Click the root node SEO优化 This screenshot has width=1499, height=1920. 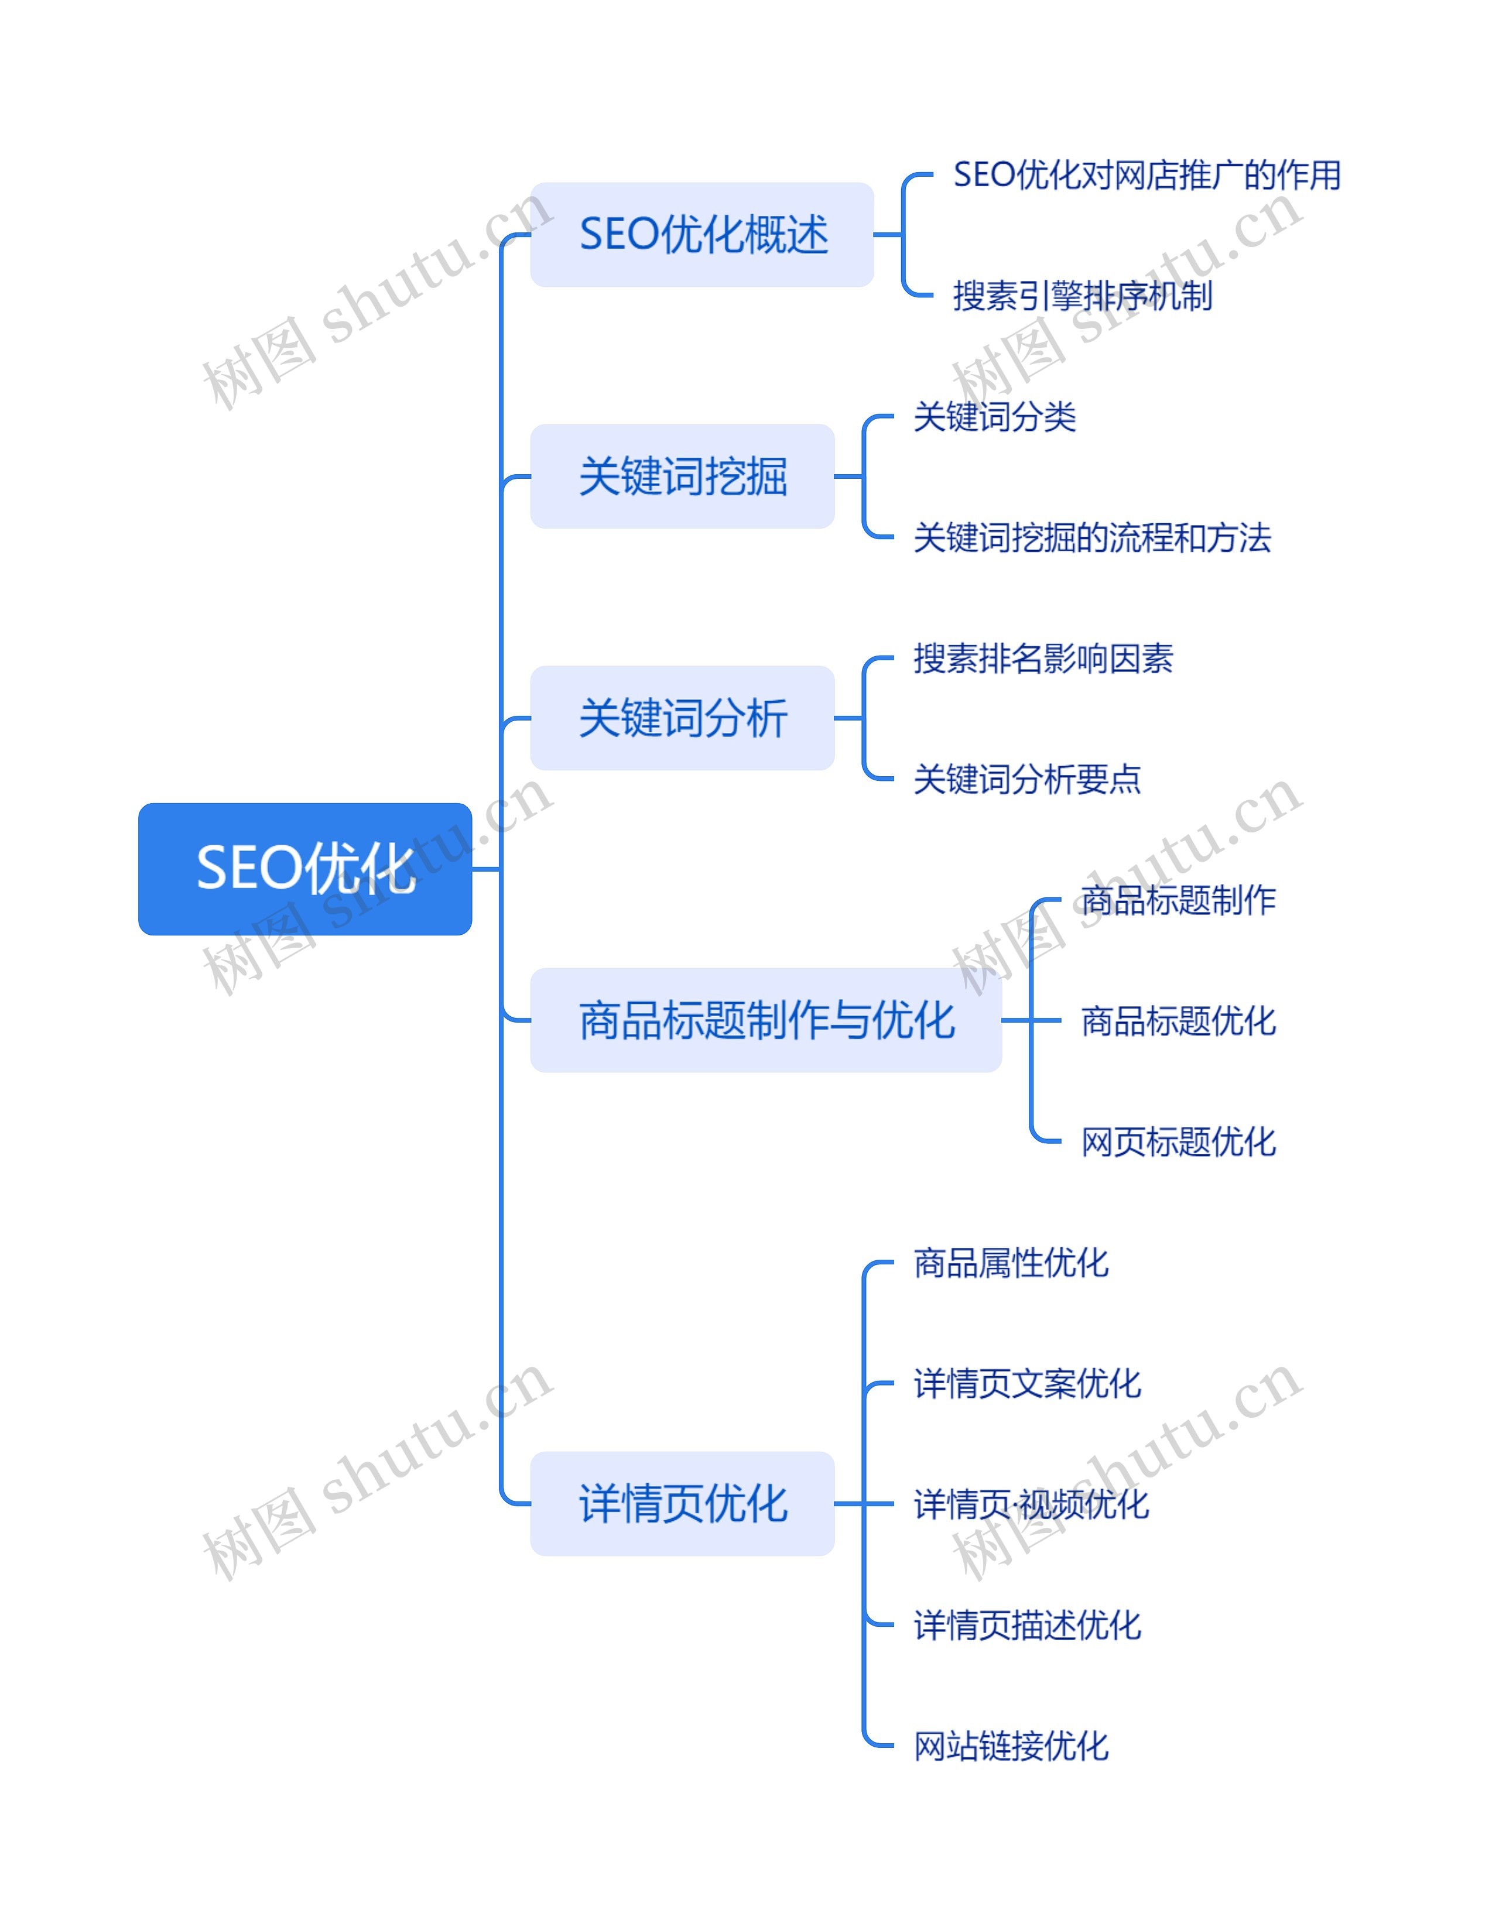pyautogui.click(x=304, y=869)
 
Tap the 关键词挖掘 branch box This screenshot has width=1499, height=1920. pyautogui.click(x=682, y=476)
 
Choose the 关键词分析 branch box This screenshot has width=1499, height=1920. pyautogui.click(x=682, y=718)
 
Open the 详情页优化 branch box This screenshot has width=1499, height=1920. pyautogui.click(x=682, y=1504)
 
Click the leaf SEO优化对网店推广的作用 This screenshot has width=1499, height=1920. pyautogui.click(x=1147, y=175)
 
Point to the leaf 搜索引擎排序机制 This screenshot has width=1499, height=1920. pyautogui.click(x=1082, y=296)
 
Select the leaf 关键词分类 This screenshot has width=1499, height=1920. pyautogui.click(x=994, y=417)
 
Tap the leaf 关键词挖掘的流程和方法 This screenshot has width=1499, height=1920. pyautogui.click(x=1092, y=538)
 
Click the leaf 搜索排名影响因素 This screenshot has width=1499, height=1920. pyautogui.click(x=1043, y=659)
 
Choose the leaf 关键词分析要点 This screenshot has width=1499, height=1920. pyautogui.click(x=1027, y=780)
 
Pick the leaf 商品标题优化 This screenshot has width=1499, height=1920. pyautogui.click(x=1178, y=1021)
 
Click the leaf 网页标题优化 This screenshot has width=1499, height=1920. pyautogui.click(x=1178, y=1142)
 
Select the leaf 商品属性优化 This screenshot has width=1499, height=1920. pyautogui.click(x=1011, y=1263)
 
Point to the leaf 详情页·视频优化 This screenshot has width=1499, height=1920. pyautogui.click(x=1031, y=1505)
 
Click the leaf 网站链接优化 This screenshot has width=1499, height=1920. pyautogui.click(x=1011, y=1746)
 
